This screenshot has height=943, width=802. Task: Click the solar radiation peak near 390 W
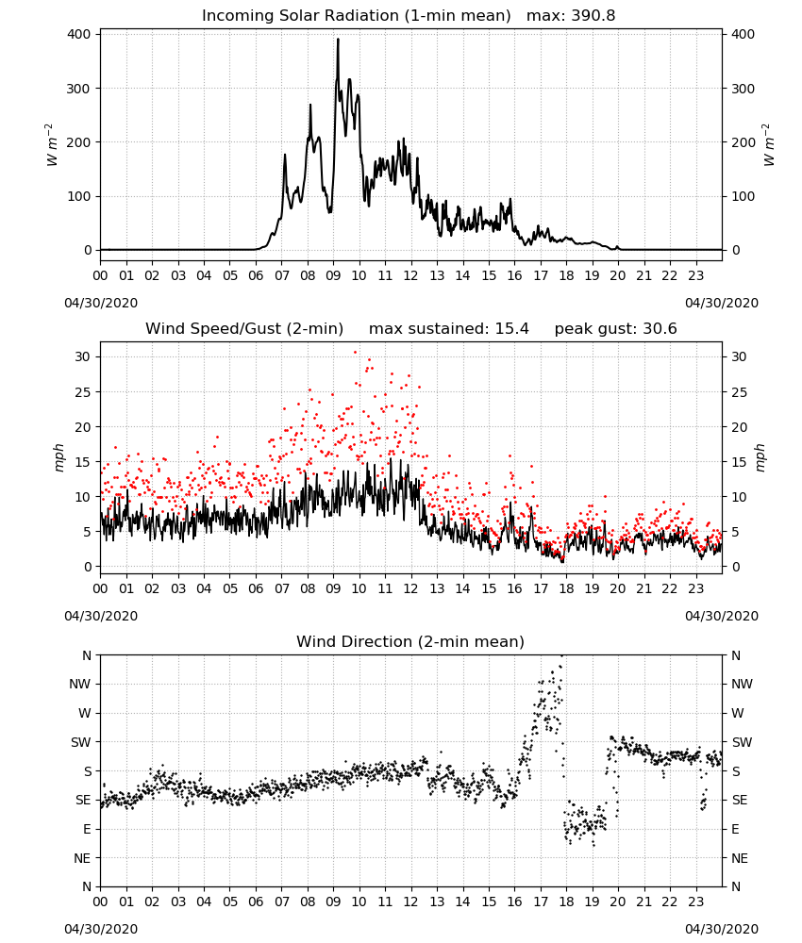point(338,40)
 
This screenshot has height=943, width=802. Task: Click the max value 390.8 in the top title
point(593,16)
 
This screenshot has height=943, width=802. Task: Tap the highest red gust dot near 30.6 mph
point(355,352)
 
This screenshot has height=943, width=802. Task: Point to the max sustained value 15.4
point(511,329)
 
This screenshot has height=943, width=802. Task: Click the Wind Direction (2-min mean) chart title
point(410,641)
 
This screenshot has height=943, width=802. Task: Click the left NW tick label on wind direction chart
point(80,684)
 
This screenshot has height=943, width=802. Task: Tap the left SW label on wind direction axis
point(81,742)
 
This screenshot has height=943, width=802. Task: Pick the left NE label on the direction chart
point(82,858)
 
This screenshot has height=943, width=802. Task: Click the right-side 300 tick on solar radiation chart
point(743,89)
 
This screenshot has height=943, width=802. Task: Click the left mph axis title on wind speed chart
point(58,457)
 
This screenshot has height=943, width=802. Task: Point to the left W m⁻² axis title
point(52,145)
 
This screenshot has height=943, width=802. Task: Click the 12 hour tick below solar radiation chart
point(411,276)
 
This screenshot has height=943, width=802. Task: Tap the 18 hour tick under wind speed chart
point(566,588)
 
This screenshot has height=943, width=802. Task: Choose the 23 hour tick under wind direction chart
point(695,902)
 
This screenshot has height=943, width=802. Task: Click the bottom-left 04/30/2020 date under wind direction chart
point(101,929)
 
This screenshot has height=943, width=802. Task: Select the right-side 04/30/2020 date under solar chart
point(722,303)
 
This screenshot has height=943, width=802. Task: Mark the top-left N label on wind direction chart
point(87,655)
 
